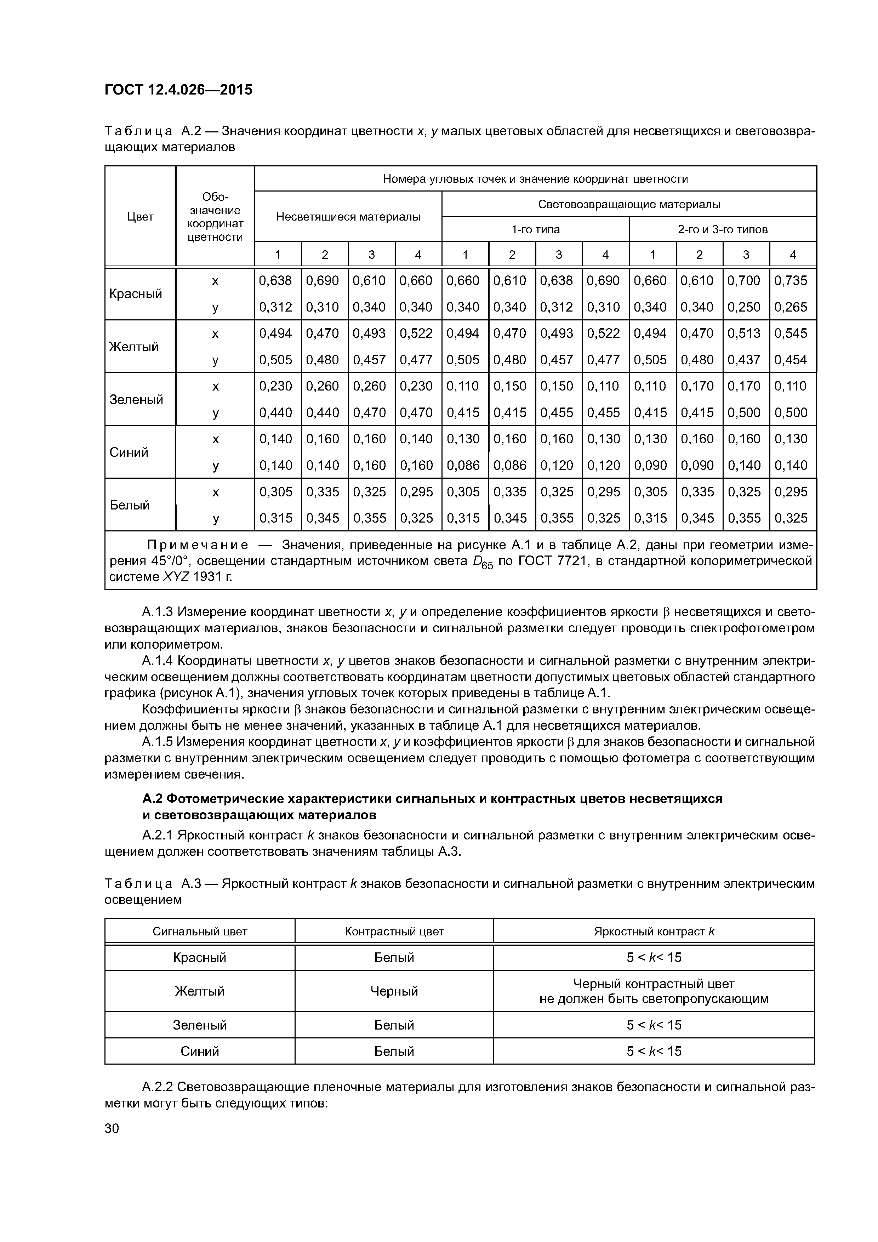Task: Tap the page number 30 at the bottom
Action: [112, 1128]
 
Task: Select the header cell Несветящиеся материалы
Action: [348, 216]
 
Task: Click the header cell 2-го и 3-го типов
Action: [723, 229]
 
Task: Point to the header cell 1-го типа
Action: [536, 229]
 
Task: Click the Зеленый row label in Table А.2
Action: [136, 399]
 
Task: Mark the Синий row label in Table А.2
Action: [129, 452]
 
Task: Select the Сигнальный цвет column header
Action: [200, 931]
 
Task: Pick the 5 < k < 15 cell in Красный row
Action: [654, 957]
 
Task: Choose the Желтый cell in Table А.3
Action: [200, 991]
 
